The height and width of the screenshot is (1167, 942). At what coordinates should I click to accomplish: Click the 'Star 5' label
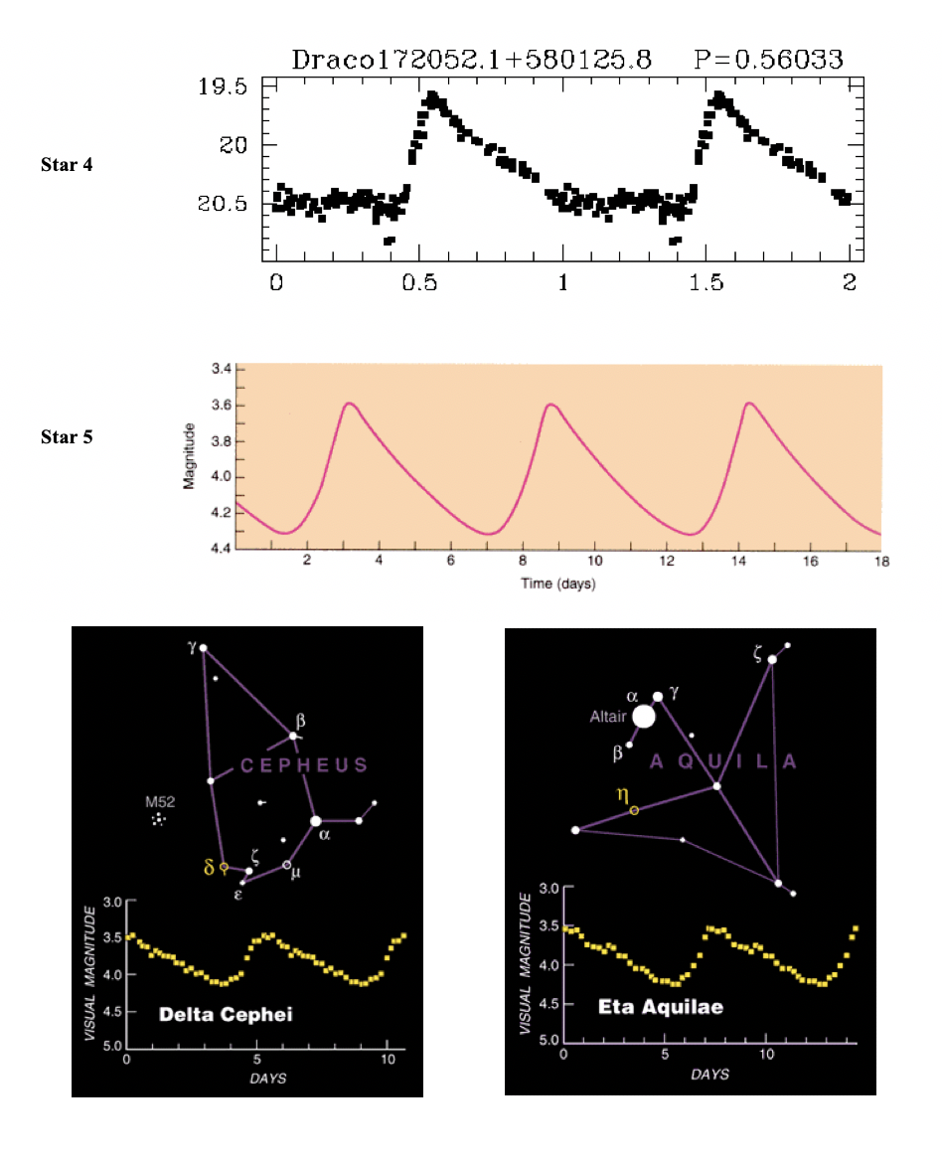coord(67,435)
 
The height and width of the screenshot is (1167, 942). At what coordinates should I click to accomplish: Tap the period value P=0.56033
coord(768,60)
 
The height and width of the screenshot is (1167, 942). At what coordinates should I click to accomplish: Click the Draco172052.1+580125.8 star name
coord(471,60)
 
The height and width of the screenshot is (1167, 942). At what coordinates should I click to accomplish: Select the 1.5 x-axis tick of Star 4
coord(705,282)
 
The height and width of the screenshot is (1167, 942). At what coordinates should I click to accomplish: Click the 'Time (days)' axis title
coord(558,583)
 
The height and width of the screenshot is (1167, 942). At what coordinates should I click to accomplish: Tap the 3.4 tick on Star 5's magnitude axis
coord(220,370)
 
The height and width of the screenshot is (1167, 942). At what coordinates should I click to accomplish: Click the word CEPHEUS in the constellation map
coord(304,766)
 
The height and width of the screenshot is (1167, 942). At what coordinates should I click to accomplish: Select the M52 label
coord(158,801)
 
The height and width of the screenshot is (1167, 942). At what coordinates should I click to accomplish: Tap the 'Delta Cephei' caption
coord(230,1015)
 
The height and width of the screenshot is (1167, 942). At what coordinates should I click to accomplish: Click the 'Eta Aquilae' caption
coord(660,1006)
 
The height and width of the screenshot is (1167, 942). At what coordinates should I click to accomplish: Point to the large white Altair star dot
coord(644,716)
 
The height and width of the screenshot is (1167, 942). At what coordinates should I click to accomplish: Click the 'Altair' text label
coord(609,716)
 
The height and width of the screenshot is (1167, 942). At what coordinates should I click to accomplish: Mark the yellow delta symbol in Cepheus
coord(210,868)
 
